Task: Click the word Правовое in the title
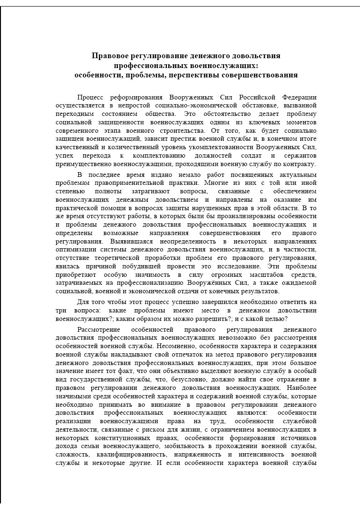(109, 56)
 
